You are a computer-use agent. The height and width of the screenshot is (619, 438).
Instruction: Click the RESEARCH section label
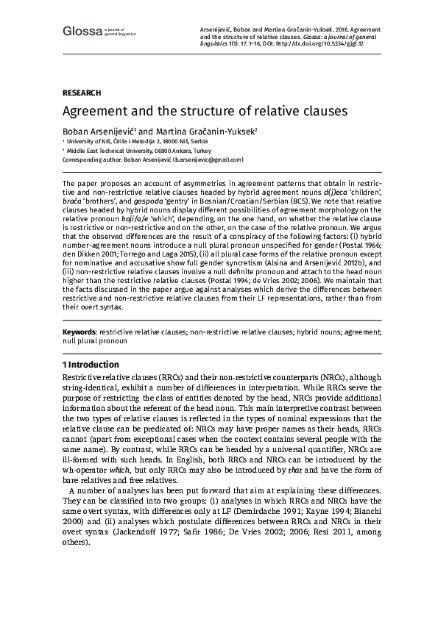pos(81,93)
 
